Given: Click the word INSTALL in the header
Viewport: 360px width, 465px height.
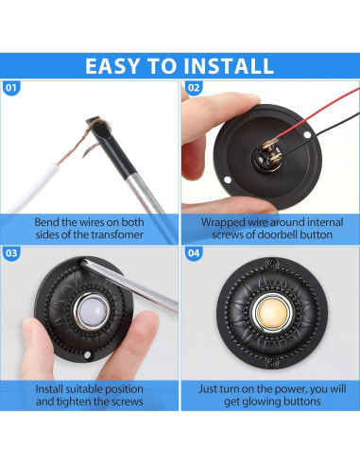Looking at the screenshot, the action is click(229, 66).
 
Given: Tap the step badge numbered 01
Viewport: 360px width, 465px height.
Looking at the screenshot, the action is click(11, 87).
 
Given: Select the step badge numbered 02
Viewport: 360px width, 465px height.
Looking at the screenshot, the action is click(194, 87).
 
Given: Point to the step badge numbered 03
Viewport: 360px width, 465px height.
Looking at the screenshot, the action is click(11, 253).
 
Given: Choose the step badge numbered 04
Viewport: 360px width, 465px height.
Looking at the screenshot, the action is click(194, 253).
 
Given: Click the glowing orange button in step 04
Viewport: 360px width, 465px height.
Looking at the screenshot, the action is click(272, 313).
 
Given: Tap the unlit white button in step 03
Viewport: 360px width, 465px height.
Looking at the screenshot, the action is click(92, 312).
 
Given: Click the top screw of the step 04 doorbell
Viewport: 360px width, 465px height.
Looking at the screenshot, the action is click(272, 263).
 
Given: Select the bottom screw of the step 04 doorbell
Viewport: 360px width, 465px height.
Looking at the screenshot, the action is click(272, 362).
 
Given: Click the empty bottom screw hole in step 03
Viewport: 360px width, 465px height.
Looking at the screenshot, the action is click(87, 355).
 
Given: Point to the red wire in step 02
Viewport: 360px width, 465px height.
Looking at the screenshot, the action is click(317, 111).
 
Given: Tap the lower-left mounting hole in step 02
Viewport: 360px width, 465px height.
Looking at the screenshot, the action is click(227, 181).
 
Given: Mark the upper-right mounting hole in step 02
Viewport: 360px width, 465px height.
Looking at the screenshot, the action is click(307, 134).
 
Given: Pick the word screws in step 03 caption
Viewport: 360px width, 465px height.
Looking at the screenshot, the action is click(127, 402).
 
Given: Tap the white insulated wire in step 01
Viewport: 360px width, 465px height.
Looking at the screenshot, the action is click(34, 188).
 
